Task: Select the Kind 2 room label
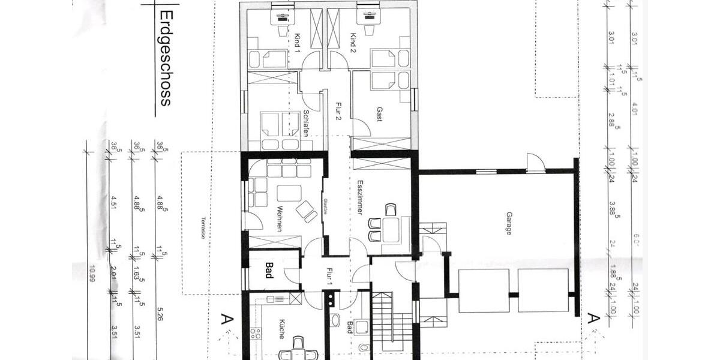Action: [x=354, y=41]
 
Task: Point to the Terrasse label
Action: [x=203, y=227]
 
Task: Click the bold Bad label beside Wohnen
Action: [x=269, y=271]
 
